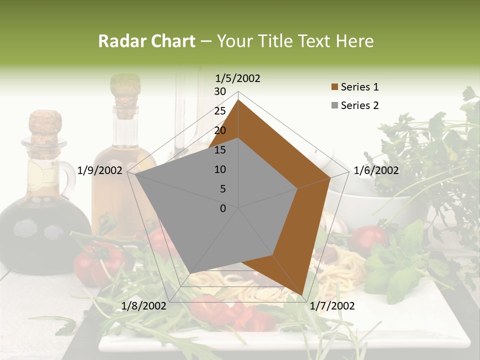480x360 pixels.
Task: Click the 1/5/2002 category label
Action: click(x=238, y=78)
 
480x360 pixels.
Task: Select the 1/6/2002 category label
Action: click(x=376, y=170)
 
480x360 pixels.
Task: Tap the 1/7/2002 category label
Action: click(x=332, y=306)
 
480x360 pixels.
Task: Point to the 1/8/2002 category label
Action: click(x=144, y=306)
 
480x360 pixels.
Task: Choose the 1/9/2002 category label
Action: click(x=100, y=170)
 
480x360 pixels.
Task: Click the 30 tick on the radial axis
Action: click(x=220, y=91)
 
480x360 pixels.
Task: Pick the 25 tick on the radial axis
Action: click(x=220, y=111)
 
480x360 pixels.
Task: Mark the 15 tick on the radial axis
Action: click(x=220, y=150)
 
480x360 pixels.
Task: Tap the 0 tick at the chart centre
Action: click(x=223, y=208)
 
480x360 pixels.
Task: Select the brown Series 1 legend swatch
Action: click(x=334, y=87)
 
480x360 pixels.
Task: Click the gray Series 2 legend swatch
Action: click(x=334, y=105)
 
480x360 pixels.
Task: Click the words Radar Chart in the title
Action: click(x=146, y=41)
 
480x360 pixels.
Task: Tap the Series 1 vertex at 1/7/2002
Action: click(x=302, y=295)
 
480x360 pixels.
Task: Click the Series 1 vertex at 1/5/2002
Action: click(x=238, y=100)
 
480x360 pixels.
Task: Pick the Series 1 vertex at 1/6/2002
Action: click(x=330, y=177)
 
